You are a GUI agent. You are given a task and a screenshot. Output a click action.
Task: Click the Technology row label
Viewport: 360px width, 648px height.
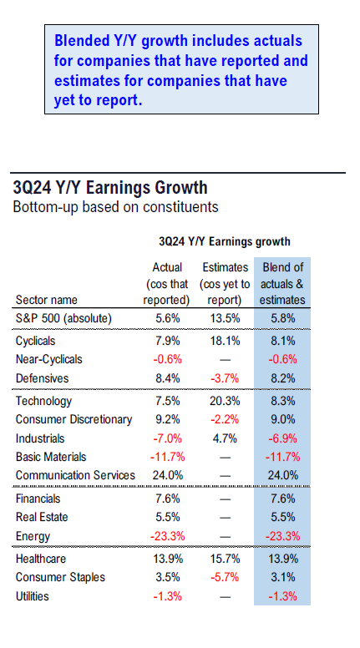pos(43,401)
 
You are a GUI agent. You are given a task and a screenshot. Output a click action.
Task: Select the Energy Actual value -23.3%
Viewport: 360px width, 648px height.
pos(167,536)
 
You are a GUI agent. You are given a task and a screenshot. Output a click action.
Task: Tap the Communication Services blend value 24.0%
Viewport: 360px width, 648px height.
pos(282,475)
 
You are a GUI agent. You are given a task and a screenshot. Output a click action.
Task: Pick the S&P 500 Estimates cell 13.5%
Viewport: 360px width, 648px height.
pos(225,319)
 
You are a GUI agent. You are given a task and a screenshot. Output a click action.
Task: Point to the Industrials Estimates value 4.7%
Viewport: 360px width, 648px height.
pos(225,438)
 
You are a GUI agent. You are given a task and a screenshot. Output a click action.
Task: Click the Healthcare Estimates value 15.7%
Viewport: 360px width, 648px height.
pos(225,559)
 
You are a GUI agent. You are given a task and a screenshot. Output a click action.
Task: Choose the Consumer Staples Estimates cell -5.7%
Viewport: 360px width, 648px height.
pos(225,577)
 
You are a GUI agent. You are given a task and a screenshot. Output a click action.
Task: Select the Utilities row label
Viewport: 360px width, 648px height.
pos(33,596)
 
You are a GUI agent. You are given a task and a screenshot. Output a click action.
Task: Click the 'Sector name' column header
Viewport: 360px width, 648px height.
pos(46,300)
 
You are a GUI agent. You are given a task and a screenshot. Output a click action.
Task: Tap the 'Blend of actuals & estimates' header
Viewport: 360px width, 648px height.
pos(282,284)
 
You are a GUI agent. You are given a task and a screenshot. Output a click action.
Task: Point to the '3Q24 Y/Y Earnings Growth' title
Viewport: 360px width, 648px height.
pos(110,187)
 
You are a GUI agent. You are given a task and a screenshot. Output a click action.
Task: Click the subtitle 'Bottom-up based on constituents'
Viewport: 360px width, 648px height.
pos(115,206)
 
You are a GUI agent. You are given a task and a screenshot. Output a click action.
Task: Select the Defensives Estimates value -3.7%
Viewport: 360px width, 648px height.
pos(225,378)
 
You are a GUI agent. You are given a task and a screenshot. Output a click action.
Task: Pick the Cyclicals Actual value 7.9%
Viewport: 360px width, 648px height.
pos(166,341)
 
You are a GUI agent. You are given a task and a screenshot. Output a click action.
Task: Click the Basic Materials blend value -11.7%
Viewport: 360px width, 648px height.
pos(282,457)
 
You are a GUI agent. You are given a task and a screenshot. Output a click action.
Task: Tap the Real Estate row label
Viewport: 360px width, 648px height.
pos(42,517)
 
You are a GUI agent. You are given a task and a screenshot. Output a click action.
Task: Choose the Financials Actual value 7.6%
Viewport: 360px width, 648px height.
pos(166,499)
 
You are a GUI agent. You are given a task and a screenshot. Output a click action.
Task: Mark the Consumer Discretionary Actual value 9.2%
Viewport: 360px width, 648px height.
pos(166,419)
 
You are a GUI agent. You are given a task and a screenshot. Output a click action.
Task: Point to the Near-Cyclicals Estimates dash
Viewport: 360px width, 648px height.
pos(225,360)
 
